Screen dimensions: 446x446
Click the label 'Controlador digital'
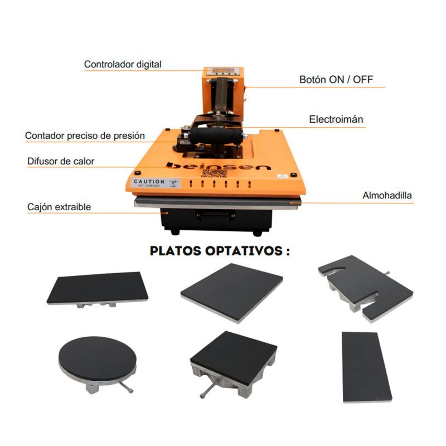[x=123, y=65]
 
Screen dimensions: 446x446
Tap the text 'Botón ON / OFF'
[x=336, y=80]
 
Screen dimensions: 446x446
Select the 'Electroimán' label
[x=336, y=119]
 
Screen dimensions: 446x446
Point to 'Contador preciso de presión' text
[x=85, y=135]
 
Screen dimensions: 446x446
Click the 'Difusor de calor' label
[x=61, y=162]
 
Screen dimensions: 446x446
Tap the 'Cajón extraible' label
[x=59, y=207]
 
